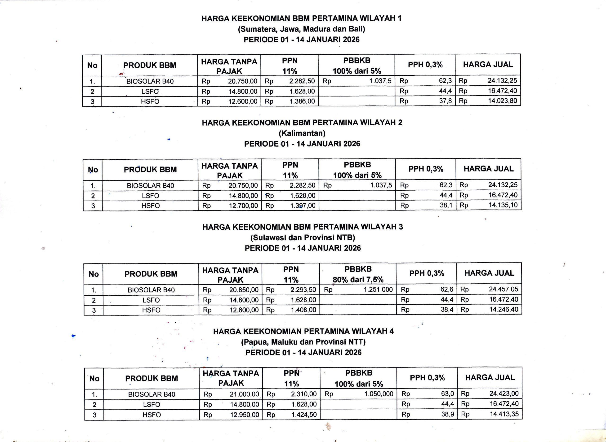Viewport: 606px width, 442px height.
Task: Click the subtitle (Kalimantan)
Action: (302, 133)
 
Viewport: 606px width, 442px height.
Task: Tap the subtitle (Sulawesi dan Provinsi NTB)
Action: (303, 237)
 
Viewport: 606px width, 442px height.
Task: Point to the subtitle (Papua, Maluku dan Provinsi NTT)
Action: (303, 342)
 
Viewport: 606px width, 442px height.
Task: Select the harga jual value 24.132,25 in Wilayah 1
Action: (502, 81)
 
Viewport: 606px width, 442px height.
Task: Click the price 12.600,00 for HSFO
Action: (243, 101)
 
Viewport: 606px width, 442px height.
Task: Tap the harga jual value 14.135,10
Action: (503, 205)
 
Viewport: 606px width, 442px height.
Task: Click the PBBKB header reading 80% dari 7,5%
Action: (358, 280)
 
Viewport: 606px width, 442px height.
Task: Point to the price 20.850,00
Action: (244, 290)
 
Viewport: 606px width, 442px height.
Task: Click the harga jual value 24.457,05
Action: (504, 289)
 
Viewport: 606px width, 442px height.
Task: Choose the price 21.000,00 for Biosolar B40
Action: (244, 394)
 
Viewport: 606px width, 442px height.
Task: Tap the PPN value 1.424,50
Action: (304, 414)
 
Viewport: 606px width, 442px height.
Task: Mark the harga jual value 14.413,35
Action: (504, 414)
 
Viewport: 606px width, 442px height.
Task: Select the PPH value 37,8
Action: (445, 101)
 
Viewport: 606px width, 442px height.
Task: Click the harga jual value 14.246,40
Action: (504, 310)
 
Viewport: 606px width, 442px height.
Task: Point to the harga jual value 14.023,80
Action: (502, 101)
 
